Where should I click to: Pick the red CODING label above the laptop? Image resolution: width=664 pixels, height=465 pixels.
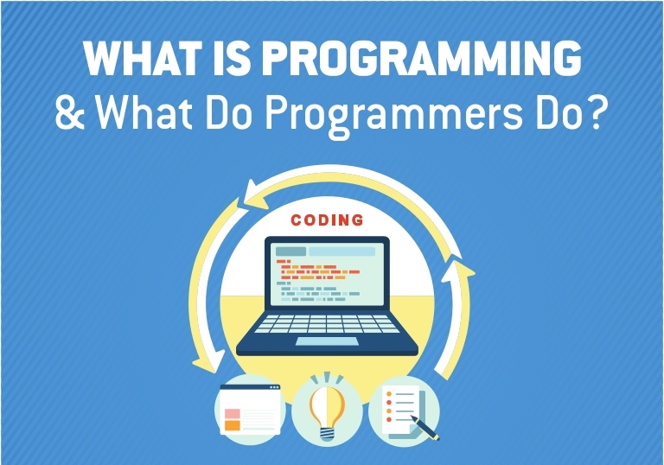coord(326,220)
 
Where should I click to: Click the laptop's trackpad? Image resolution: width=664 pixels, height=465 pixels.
coord(326,341)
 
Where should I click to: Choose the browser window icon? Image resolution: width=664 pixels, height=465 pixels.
coord(250,409)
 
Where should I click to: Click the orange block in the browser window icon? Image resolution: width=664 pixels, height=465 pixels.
coord(232,424)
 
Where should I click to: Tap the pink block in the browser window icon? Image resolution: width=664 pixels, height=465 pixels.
coord(232,411)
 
